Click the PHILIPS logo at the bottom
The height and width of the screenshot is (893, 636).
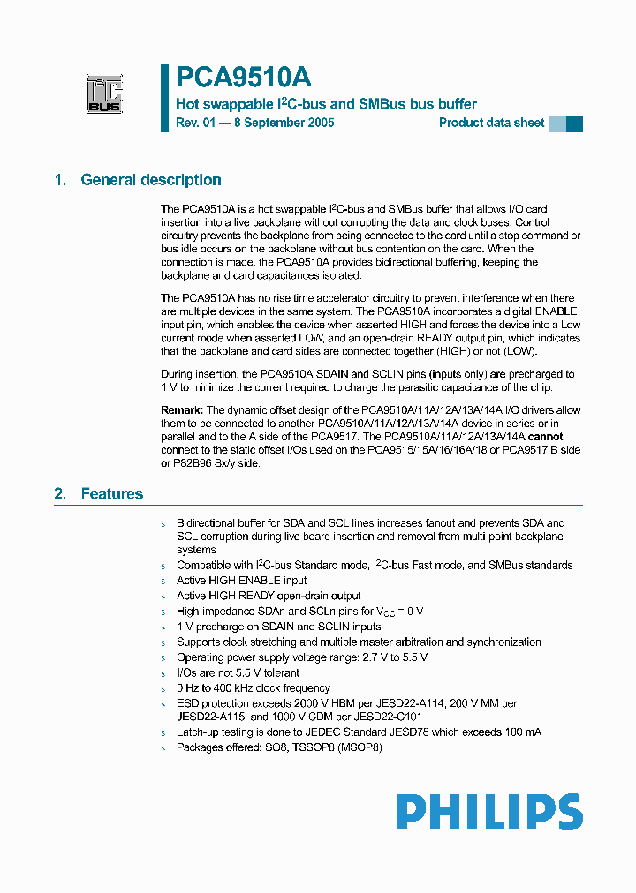488,812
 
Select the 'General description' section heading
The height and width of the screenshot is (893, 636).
151,180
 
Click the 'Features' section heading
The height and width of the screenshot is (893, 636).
111,494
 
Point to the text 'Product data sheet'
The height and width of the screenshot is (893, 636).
492,124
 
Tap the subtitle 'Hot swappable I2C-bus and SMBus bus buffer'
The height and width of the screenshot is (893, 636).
326,104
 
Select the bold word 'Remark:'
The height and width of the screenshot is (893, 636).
182,410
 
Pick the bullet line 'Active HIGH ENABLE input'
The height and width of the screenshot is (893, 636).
242,581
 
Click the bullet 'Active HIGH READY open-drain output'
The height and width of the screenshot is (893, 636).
269,596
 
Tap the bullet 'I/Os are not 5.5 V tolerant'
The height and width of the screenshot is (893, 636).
238,672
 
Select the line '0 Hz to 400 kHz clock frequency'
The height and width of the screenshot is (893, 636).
254,687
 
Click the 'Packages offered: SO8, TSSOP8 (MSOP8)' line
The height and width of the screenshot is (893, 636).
279,747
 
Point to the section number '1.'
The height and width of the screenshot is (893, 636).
60,180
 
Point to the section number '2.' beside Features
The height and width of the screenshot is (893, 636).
60,494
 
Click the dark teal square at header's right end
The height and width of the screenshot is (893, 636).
574,124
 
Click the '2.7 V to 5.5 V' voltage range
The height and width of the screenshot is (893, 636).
392,657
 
